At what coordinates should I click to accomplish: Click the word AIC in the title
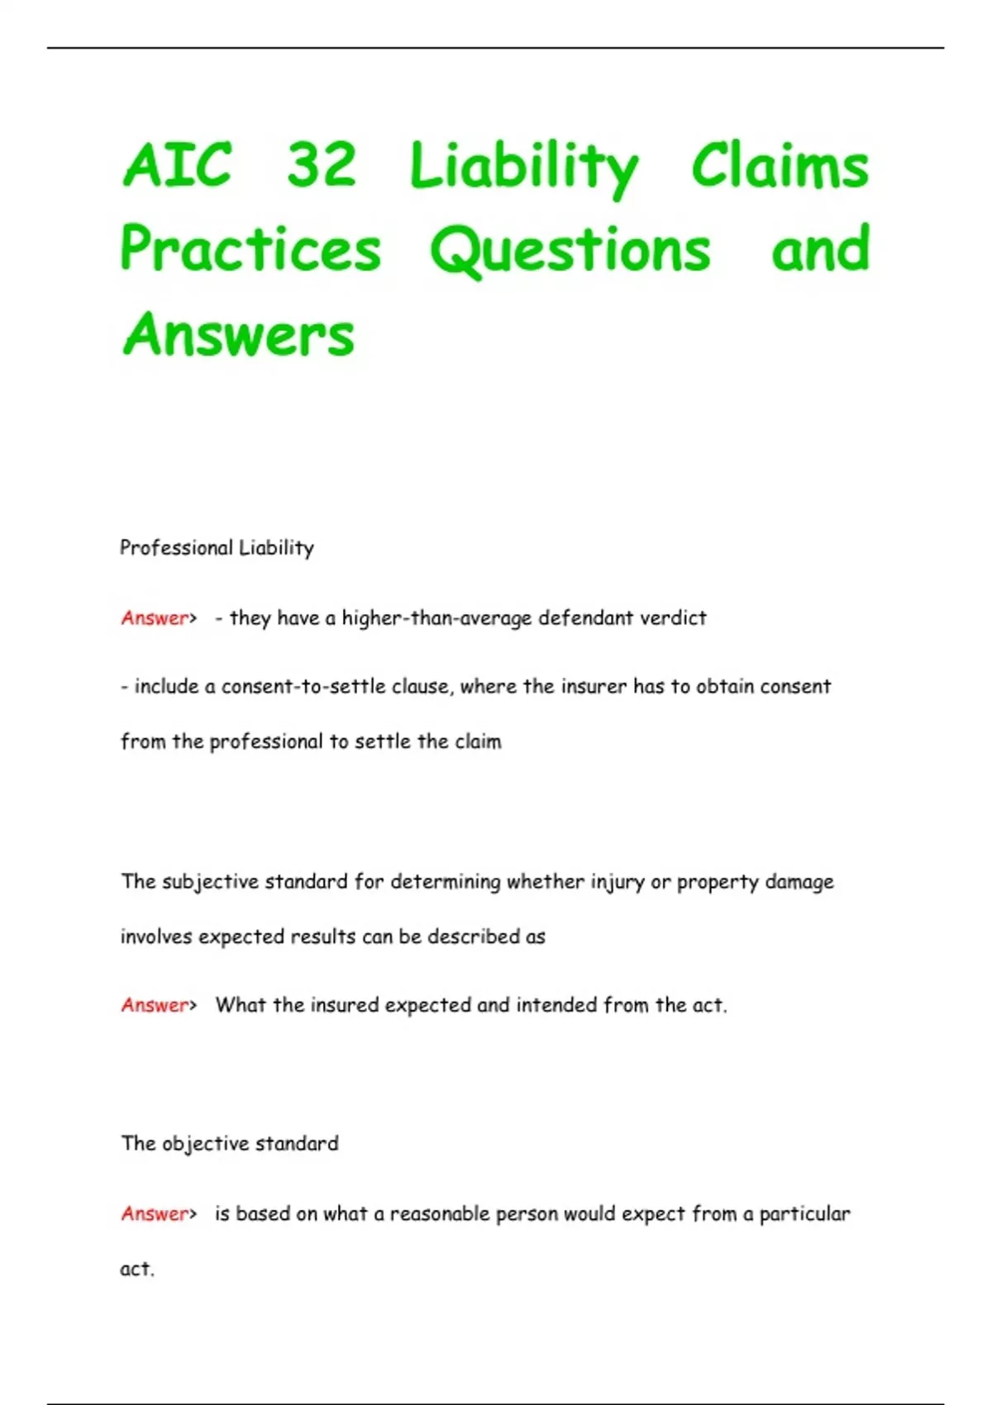pyautogui.click(x=177, y=164)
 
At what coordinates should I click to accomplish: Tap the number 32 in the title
pyautogui.click(x=322, y=164)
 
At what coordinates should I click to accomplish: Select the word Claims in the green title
pyautogui.click(x=780, y=166)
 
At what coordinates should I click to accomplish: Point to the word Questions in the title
pyautogui.click(x=570, y=250)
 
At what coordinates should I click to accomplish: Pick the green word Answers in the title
pyautogui.click(x=239, y=335)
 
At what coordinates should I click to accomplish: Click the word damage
pyautogui.click(x=799, y=883)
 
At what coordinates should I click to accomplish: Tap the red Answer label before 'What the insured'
pyautogui.click(x=155, y=1006)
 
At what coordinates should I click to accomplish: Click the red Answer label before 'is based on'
pyautogui.click(x=155, y=1214)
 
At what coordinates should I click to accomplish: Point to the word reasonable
pyautogui.click(x=439, y=1214)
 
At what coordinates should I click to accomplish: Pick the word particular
pyautogui.click(x=804, y=1214)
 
